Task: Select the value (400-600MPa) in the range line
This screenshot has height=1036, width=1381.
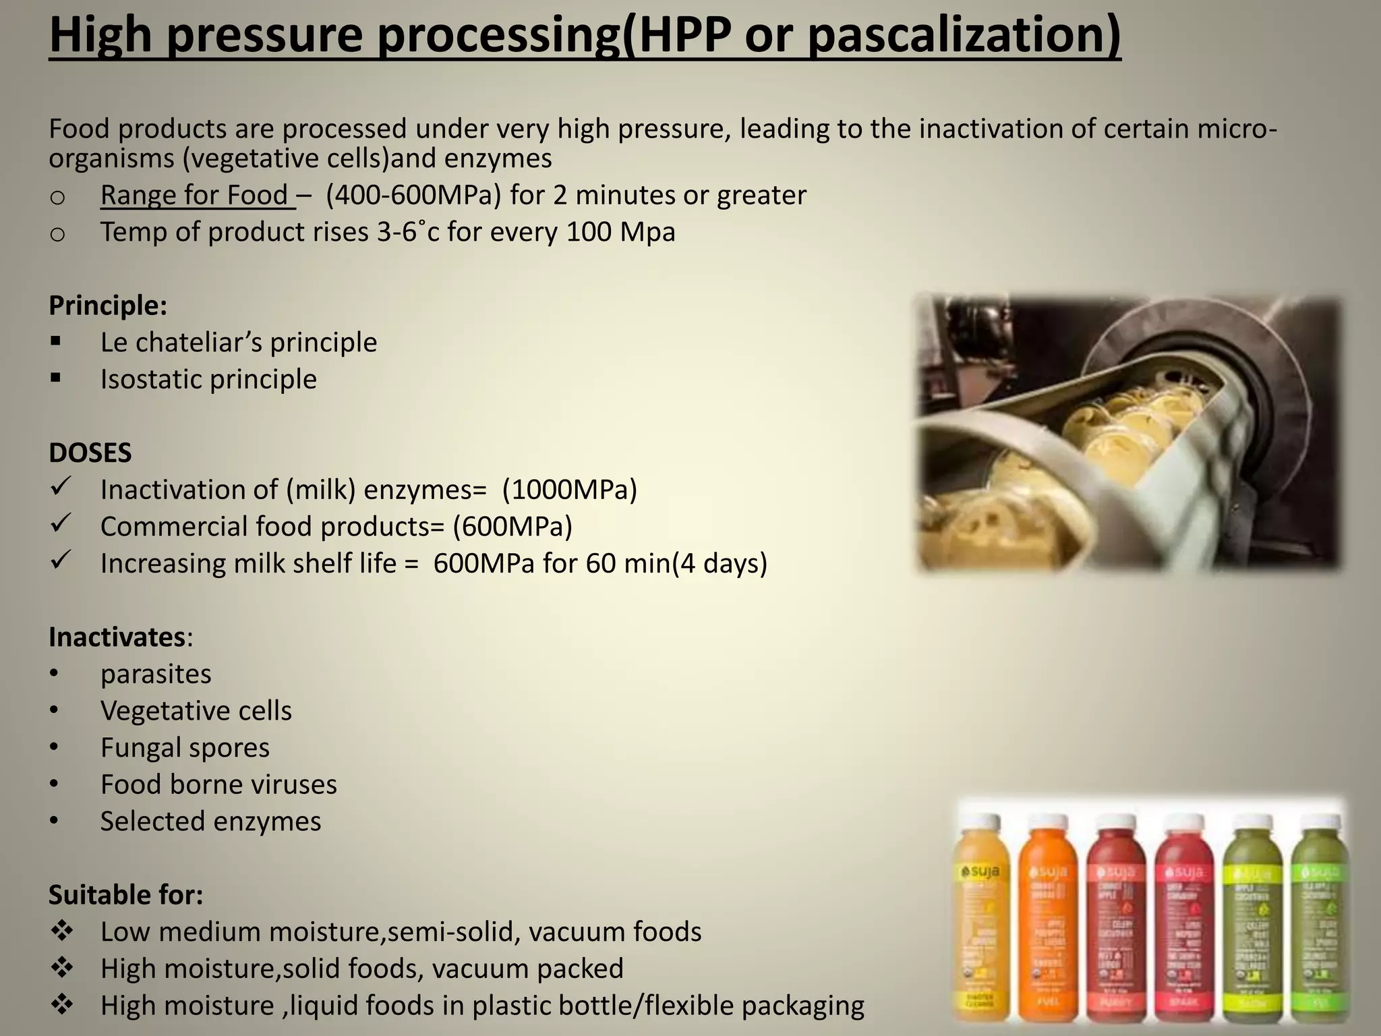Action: coord(413,195)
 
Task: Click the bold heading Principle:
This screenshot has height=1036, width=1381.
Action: coord(108,306)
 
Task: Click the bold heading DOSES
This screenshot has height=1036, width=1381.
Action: coord(90,453)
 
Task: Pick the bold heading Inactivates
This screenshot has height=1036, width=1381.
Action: coord(117,637)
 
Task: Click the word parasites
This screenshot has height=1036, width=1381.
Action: coord(156,674)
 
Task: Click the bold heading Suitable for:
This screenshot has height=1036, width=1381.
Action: coord(126,895)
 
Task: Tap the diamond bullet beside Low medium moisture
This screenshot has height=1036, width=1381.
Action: coord(62,932)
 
